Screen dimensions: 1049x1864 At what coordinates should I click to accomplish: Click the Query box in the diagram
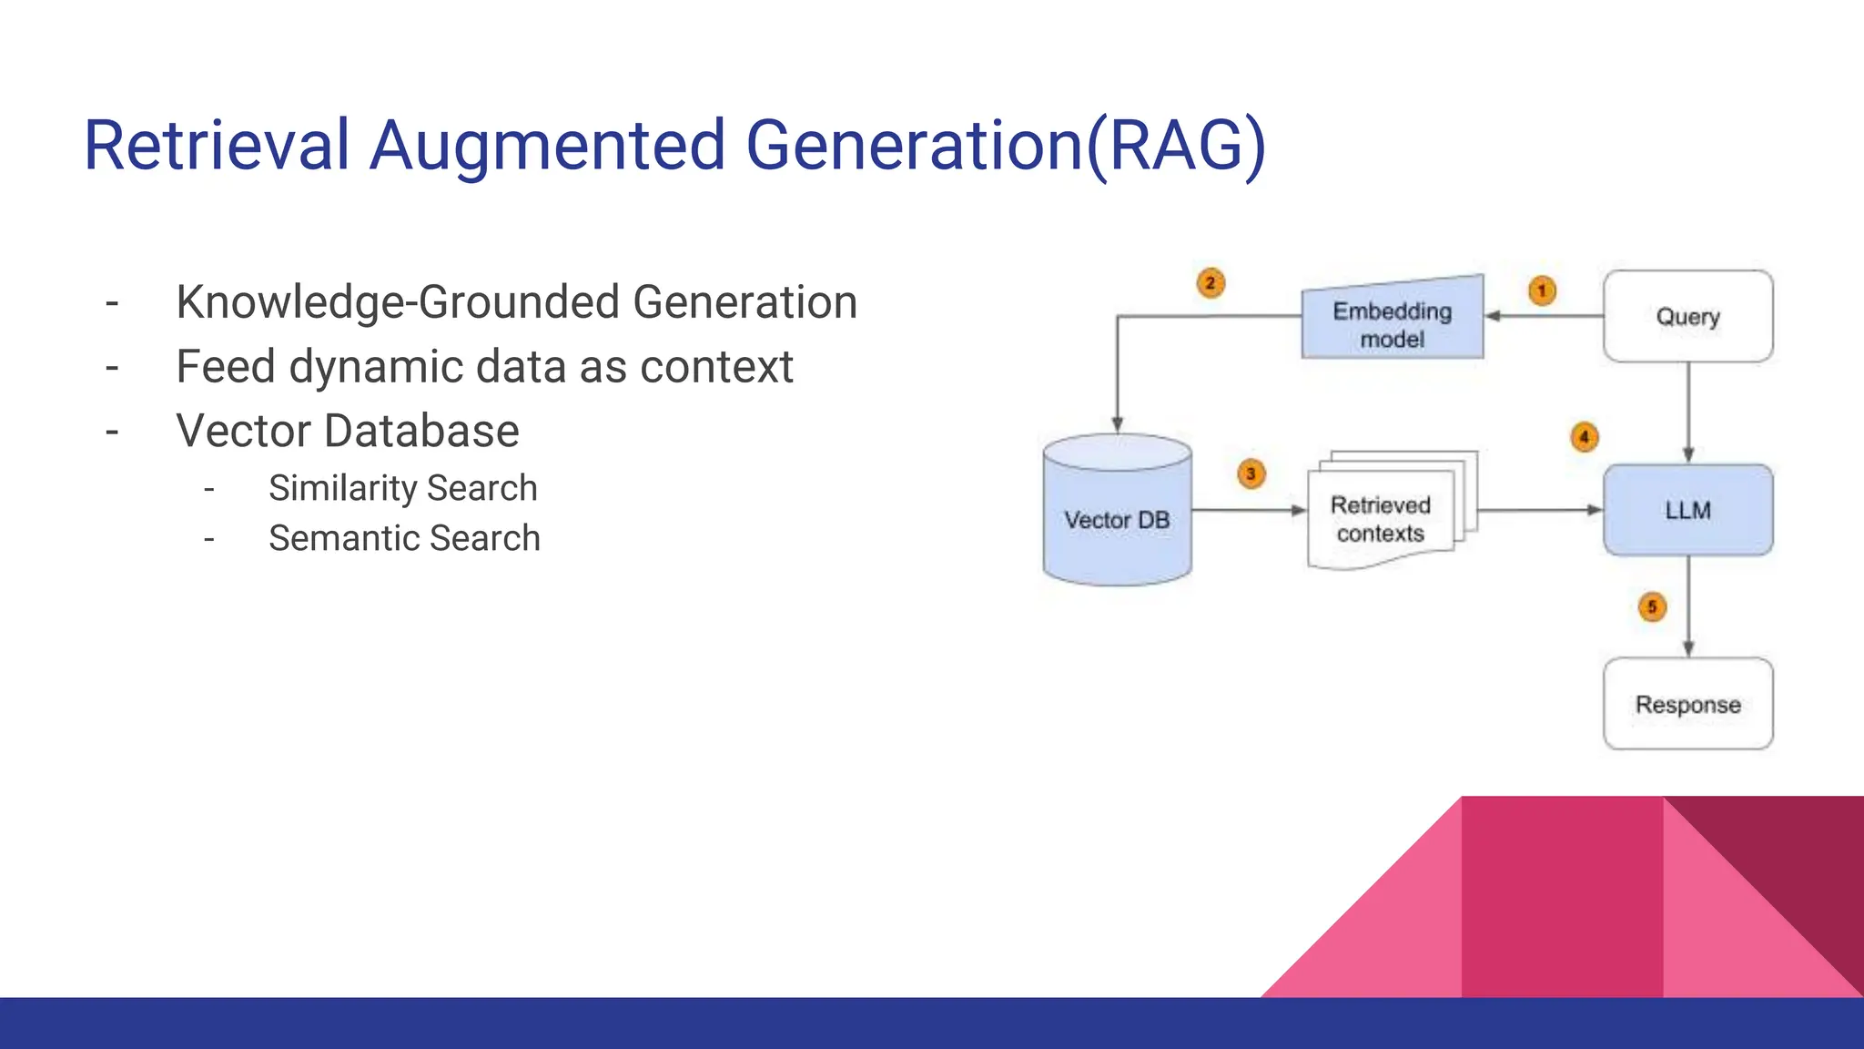point(1687,316)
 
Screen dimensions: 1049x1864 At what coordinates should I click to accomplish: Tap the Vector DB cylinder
point(1117,514)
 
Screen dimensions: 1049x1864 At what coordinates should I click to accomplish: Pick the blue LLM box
point(1687,510)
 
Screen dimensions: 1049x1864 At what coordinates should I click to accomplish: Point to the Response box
point(1687,704)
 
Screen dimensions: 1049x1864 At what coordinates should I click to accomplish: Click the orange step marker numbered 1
point(1542,290)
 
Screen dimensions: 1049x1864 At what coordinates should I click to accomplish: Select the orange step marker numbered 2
point(1211,283)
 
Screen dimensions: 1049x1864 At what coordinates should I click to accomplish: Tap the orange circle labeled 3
point(1251,474)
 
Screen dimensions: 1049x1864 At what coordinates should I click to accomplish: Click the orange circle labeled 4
point(1585,437)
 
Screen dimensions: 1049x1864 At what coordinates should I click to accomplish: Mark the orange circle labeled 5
point(1652,606)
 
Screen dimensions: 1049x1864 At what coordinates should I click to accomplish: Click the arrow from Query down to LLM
point(1688,410)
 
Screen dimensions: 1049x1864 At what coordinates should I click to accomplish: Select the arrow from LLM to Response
point(1688,606)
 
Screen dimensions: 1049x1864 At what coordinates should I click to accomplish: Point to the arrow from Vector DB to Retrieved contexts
point(1247,510)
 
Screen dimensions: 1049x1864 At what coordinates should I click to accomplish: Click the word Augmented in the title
point(547,146)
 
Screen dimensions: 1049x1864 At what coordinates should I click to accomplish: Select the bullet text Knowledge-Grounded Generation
point(516,302)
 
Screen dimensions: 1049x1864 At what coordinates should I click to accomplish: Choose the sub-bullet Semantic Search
point(404,538)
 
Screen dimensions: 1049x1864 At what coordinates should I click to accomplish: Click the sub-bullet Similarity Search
point(402,488)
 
